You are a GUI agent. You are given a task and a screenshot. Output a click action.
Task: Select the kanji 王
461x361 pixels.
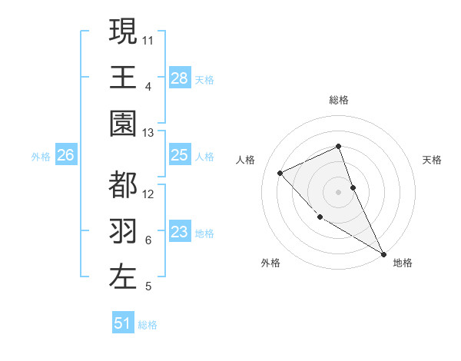tap(123, 77)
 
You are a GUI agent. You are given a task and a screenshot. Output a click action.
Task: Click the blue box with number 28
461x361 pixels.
tap(180, 78)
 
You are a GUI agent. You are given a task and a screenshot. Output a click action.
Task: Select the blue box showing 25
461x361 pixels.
tap(180, 156)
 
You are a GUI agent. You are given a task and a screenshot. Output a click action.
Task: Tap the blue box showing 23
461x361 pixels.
tap(180, 232)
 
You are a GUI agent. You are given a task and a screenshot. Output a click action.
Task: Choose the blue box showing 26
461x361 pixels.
tap(66, 156)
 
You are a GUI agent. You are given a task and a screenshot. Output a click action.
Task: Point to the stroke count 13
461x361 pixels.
tap(148, 133)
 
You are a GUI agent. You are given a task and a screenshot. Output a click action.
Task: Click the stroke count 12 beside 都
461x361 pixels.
tap(148, 194)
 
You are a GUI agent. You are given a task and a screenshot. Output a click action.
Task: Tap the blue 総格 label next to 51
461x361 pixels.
tap(148, 325)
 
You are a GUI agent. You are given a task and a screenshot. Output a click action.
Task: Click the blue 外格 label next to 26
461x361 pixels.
tap(41, 157)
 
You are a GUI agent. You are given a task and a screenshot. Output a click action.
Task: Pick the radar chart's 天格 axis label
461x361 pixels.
tap(433, 160)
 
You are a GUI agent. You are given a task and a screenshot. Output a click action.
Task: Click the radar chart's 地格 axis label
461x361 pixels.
tap(403, 263)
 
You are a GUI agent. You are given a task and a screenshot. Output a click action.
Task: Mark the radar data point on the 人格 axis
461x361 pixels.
tap(281, 173)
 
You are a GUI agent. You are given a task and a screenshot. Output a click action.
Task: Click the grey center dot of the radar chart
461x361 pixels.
tap(338, 192)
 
